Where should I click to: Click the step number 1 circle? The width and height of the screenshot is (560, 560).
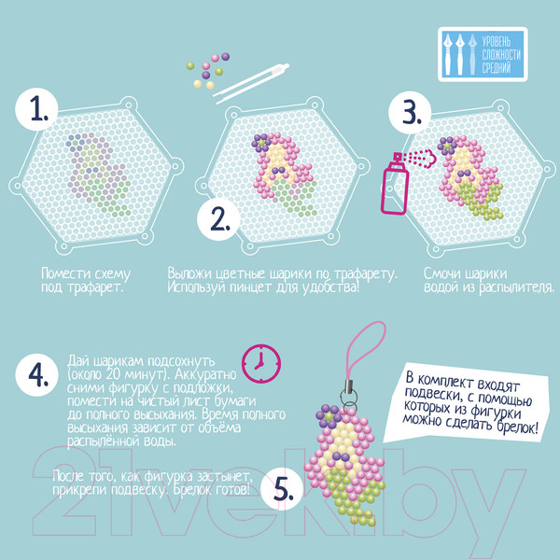pos(36,109)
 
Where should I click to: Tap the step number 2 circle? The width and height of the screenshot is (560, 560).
pos(218,219)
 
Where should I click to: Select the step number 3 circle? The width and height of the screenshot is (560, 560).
pos(410,113)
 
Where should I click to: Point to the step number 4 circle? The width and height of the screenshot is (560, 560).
pos(36,375)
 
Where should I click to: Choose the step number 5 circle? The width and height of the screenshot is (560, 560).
pos(282,488)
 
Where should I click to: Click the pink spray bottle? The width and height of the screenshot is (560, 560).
pos(396,184)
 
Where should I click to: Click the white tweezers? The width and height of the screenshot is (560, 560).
pos(251,83)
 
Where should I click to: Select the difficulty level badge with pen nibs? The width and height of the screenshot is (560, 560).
pos(483,54)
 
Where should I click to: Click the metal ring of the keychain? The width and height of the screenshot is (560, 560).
pos(348,398)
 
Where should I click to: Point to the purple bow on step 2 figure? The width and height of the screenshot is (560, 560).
pos(279,171)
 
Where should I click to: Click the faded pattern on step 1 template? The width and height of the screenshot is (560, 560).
pos(98,175)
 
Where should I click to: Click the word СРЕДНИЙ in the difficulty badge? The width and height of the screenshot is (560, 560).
pos(497,68)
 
